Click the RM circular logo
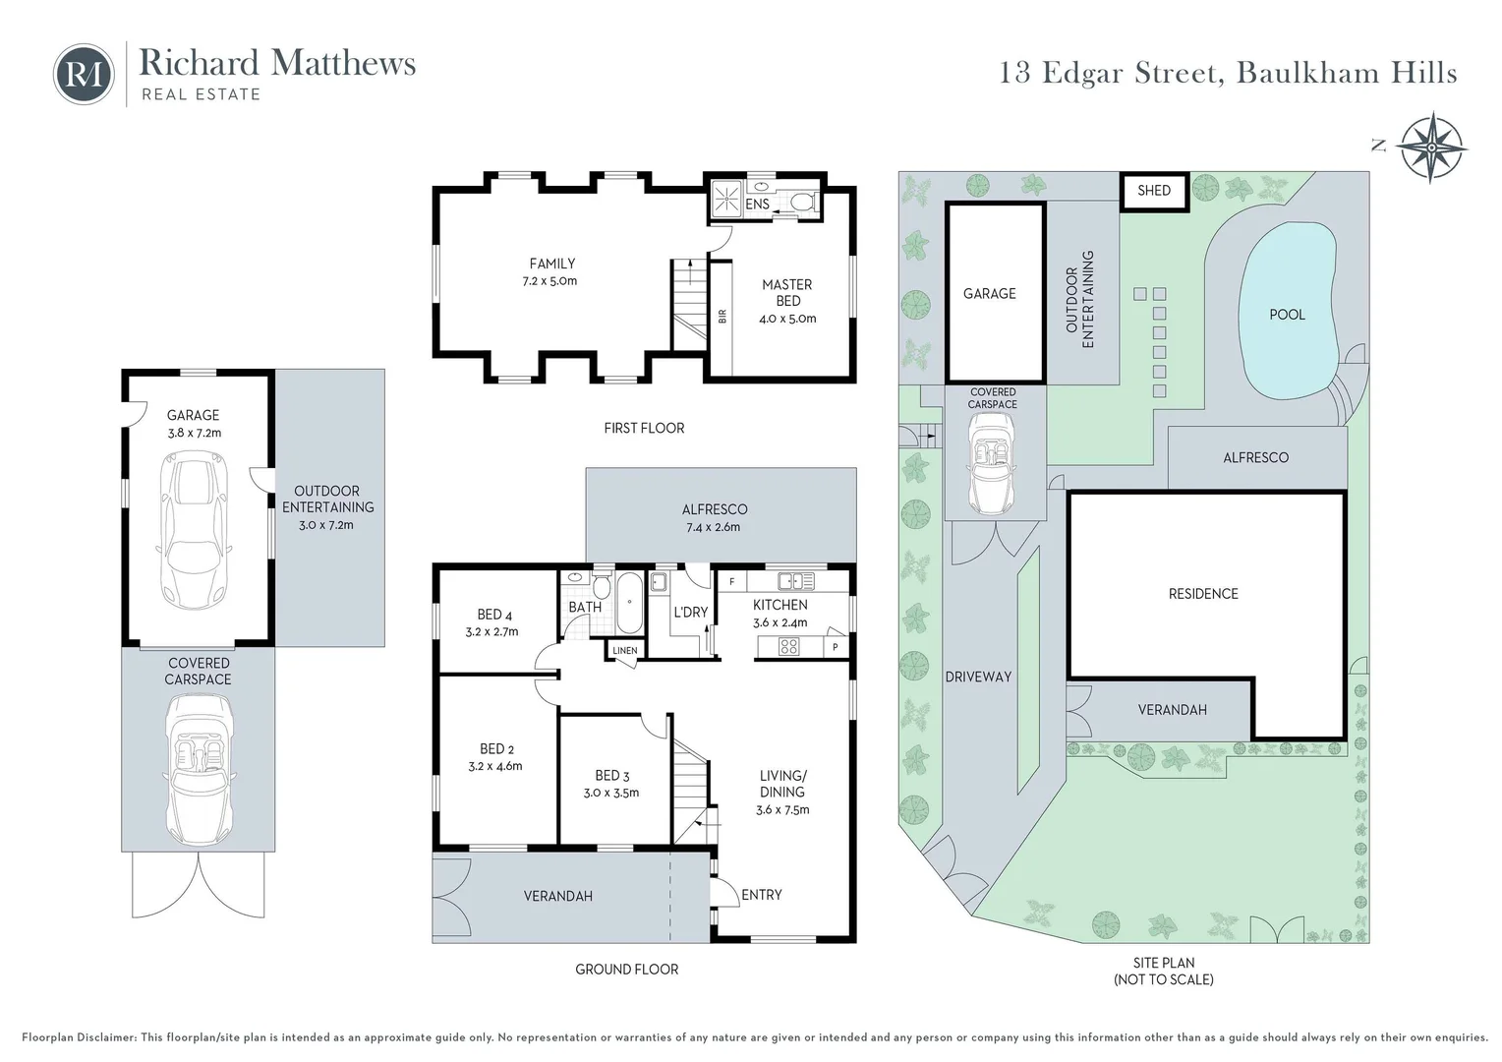pos(84,74)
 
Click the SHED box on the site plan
pos(1154,190)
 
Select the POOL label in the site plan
pos(1287,315)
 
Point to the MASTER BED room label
pos(787,293)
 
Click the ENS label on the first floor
pos(758,205)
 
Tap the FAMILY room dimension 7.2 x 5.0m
pos(551,281)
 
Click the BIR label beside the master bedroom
pos(722,317)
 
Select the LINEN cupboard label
pos(625,651)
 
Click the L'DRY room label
pos(690,612)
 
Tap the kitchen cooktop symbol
pos(788,646)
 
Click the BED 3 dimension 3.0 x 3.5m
pos(611,793)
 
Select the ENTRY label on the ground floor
pos(762,895)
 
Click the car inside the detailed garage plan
pos(198,531)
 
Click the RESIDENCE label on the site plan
pos(1203,594)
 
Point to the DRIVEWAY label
pos(978,677)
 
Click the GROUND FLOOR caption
pos(627,970)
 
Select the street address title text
pos(1228,73)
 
